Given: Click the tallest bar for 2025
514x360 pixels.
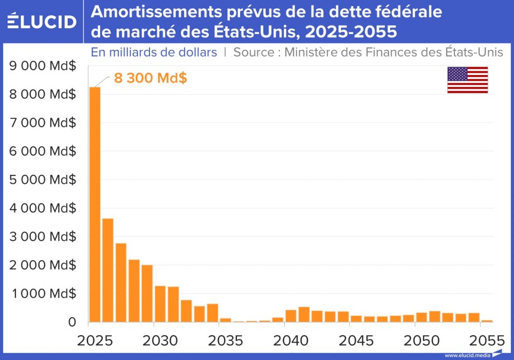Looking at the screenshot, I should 95,206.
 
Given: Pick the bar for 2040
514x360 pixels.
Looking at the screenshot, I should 291,316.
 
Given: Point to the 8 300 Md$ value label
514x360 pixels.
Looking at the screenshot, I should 150,79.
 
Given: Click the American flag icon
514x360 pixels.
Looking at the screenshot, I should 467,80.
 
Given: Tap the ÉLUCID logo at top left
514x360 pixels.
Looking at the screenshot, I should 42,22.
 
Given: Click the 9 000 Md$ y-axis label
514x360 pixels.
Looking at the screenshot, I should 43,66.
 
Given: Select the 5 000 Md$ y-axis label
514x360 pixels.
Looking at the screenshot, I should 43,180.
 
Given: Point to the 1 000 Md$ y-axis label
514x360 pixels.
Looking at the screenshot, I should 43,294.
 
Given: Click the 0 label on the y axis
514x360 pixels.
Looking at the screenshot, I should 71,322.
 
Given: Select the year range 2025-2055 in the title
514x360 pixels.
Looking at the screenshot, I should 351,32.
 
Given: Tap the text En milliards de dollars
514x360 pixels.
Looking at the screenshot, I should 154,52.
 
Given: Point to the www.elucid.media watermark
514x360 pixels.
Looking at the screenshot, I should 467,355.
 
